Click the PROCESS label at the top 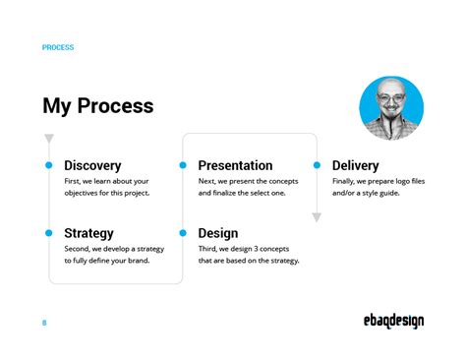(58, 47)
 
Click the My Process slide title (97, 105)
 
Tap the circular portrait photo (391, 108)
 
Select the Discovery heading (92, 165)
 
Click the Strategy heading (88, 233)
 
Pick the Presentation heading (235, 165)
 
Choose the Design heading (217, 233)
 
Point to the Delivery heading (355, 165)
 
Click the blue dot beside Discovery (49, 165)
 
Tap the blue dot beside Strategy (49, 233)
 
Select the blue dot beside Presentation (183, 165)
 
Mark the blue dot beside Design (183, 233)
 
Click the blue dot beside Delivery (317, 165)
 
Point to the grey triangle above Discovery (49, 139)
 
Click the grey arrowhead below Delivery (317, 217)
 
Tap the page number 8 (44, 323)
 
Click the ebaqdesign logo (390, 322)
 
